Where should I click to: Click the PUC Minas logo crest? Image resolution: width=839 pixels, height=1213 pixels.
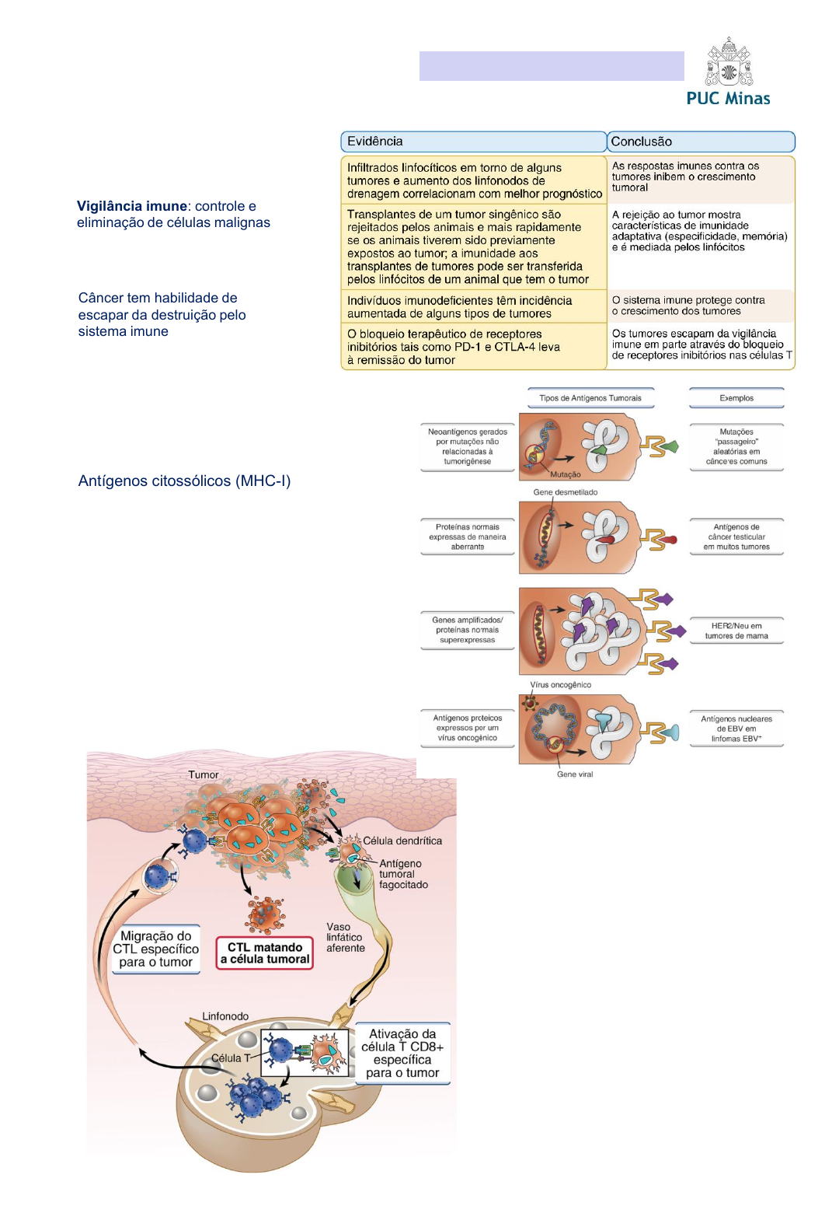coord(728,62)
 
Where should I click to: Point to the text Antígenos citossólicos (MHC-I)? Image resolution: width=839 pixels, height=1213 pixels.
coord(184,481)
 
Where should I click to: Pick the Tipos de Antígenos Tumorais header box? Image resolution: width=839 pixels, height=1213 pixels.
coord(590,398)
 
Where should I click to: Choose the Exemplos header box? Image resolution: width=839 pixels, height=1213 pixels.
coord(736,398)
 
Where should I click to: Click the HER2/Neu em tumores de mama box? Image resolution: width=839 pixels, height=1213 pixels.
coord(736,631)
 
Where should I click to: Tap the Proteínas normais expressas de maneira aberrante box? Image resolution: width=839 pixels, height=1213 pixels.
coord(468,537)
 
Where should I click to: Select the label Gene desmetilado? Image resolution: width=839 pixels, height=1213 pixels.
coord(566,492)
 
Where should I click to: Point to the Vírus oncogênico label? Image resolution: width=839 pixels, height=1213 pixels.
coord(561,685)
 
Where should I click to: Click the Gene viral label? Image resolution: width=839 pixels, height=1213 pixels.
coord(575,774)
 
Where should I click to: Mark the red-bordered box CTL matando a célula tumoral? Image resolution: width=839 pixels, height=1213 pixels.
coord(265,953)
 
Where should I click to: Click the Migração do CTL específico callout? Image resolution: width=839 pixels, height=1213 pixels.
coord(155,949)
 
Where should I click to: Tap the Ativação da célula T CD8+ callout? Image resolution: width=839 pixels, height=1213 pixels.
coord(402,1054)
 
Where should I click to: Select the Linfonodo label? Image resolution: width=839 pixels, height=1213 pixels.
coord(225,1016)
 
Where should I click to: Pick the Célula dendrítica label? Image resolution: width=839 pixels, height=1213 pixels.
coord(402,841)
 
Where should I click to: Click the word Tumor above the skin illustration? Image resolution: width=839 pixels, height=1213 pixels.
coord(204,774)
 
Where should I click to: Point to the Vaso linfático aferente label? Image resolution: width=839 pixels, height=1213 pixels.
coord(345,937)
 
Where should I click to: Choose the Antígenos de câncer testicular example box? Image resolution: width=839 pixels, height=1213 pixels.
coord(736,537)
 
